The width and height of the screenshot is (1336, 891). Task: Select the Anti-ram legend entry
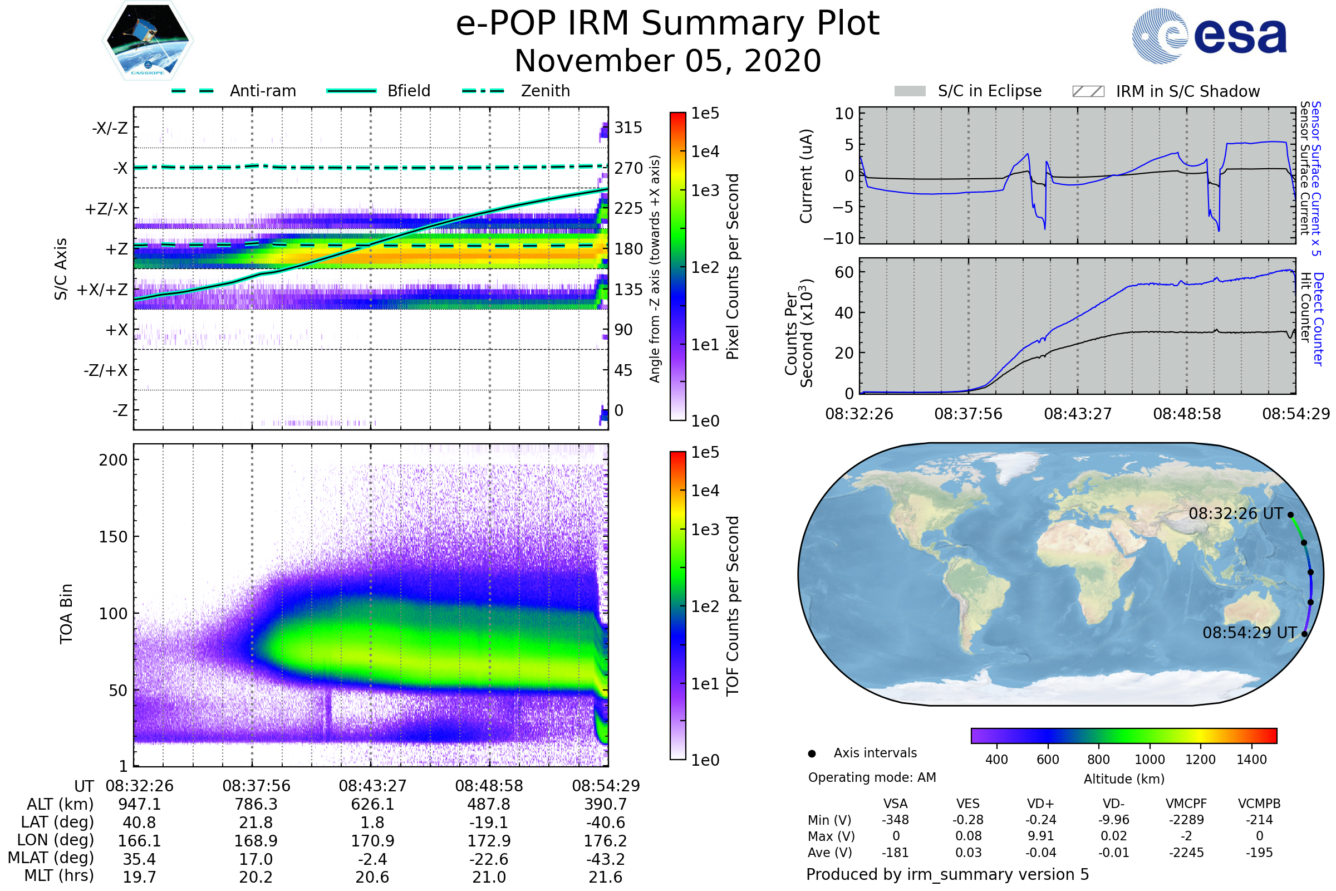coord(262,91)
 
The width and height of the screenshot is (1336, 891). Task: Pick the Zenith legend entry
coord(545,91)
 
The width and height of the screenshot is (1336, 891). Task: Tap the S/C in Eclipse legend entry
coord(989,91)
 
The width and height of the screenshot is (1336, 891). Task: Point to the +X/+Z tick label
coord(102,290)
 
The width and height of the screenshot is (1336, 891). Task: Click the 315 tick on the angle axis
coord(628,128)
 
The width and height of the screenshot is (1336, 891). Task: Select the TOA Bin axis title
coord(66,613)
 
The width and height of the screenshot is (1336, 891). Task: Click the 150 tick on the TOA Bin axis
coord(113,537)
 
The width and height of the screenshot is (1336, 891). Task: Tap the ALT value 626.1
coord(372,804)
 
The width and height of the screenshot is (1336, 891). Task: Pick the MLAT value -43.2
coord(606,859)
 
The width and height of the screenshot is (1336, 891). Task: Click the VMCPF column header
coord(1186,804)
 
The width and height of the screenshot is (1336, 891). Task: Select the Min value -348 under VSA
coord(895,820)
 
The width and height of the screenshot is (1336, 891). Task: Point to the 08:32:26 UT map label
coord(1235,513)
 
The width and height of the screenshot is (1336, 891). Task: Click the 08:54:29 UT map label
coord(1249,633)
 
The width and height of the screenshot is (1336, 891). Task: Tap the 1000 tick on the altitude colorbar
coord(1149,760)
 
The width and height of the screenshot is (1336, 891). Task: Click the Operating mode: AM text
coord(872,777)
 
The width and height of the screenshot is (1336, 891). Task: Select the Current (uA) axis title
coord(806,176)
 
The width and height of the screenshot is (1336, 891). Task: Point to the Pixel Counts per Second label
coord(733,267)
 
